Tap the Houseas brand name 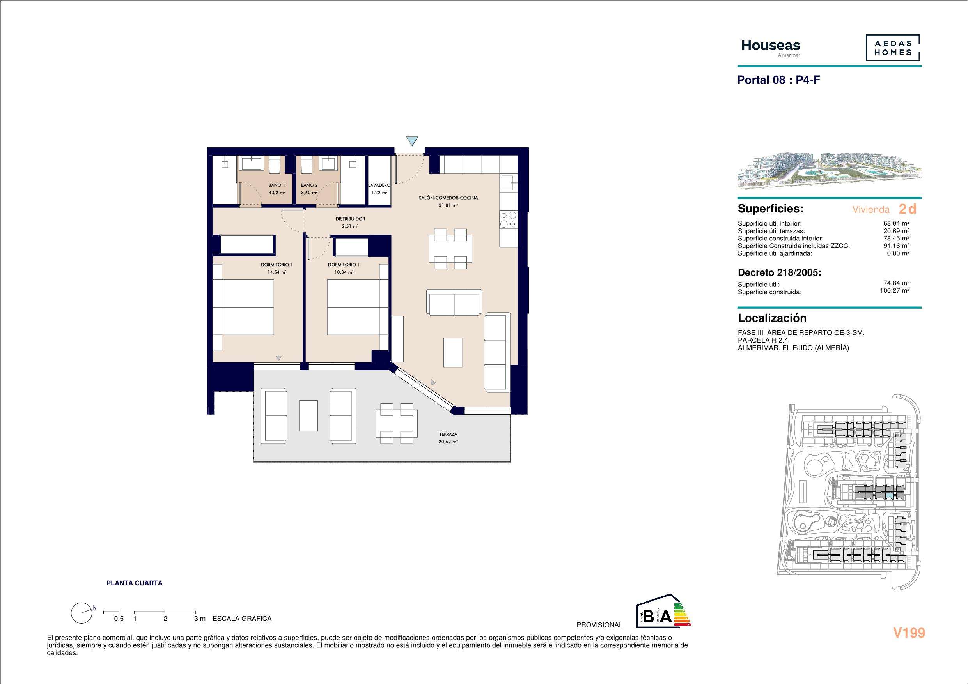771,46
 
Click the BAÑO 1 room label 277,185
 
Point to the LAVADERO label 379,185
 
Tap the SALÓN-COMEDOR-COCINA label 448,198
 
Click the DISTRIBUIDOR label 350,219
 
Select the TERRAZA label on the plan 448,434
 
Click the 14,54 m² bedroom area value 277,272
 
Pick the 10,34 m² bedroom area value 344,272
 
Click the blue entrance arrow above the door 412,141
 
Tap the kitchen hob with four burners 508,219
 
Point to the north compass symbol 82,613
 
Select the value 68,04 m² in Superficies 896,223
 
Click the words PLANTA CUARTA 134,583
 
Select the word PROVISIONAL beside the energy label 599,625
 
